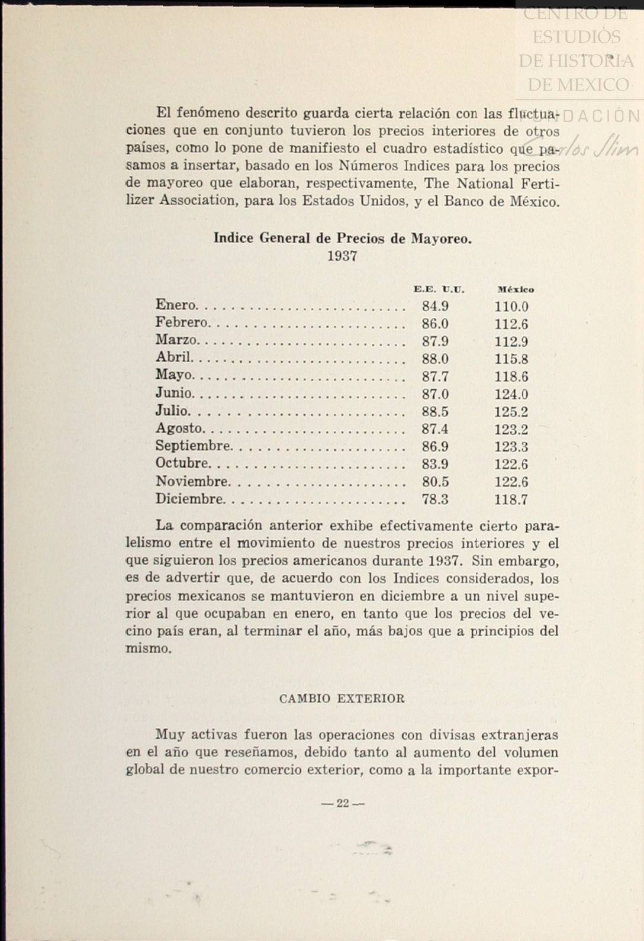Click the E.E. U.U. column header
pyautogui.click(x=439, y=289)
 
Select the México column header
pyautogui.click(x=516, y=289)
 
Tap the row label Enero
pyautogui.click(x=175, y=305)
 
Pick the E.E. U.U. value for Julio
pyautogui.click(x=435, y=411)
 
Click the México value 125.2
pyautogui.click(x=511, y=412)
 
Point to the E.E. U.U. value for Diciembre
pyautogui.click(x=435, y=499)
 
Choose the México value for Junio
pyautogui.click(x=511, y=394)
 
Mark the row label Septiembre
pyautogui.click(x=193, y=446)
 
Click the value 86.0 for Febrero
pyautogui.click(x=435, y=324)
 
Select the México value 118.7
pyautogui.click(x=511, y=499)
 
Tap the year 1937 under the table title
pyautogui.click(x=342, y=256)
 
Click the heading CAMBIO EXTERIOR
pyautogui.click(x=342, y=698)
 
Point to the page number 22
pyautogui.click(x=343, y=803)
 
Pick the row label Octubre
pyautogui.click(x=182, y=463)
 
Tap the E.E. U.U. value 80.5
pyautogui.click(x=435, y=482)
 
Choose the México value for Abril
pyautogui.click(x=511, y=359)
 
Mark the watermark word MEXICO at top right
pyautogui.click(x=578, y=85)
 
